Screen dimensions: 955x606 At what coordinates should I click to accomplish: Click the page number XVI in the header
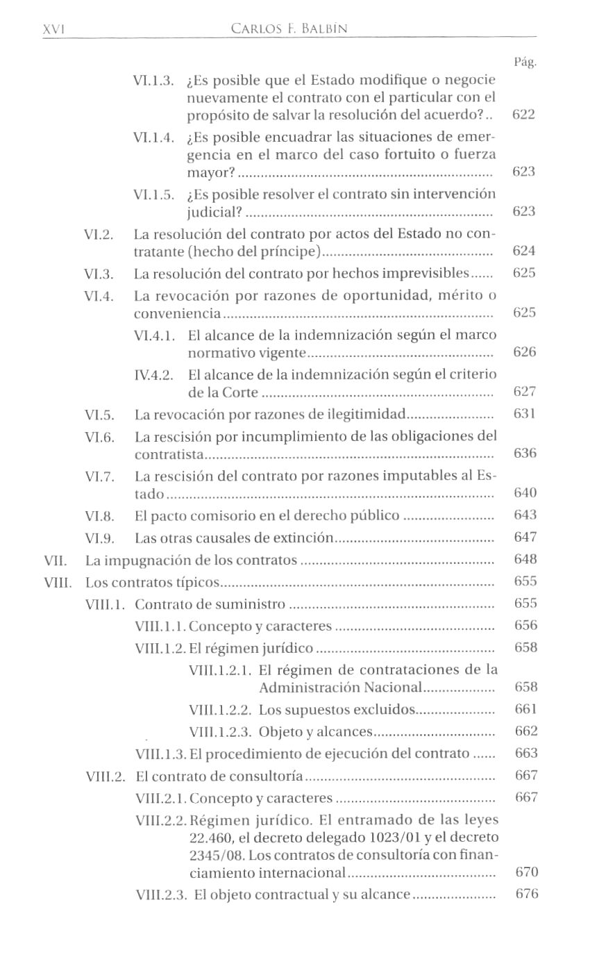[53, 29]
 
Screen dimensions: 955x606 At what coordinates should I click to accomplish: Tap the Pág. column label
[525, 63]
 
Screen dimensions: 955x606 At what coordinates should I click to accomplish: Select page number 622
[523, 114]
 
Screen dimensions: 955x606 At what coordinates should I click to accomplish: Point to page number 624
[524, 250]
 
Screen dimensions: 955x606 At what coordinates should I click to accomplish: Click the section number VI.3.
[98, 274]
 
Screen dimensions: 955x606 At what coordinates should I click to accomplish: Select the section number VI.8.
[99, 516]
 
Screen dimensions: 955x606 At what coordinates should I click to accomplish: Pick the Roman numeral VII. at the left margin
[53, 560]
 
